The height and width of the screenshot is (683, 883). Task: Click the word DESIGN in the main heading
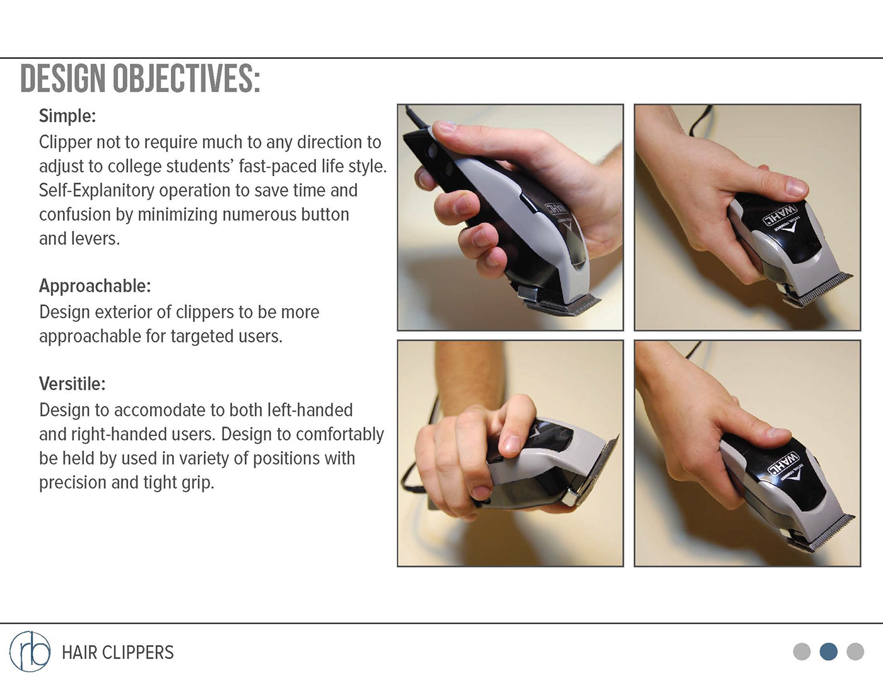[64, 78]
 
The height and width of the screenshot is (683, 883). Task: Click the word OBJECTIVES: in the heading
[187, 78]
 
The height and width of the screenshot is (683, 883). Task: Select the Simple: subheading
[67, 116]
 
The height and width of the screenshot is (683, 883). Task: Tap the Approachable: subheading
[95, 286]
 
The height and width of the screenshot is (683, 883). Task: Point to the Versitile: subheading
[73, 383]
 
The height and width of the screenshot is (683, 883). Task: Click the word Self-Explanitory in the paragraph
[96, 190]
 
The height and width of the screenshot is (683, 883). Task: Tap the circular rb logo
[30, 651]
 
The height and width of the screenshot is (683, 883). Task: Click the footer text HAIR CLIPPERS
[118, 653]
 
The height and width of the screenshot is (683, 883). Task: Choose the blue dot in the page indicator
[829, 651]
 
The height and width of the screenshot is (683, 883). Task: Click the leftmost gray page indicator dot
[802, 651]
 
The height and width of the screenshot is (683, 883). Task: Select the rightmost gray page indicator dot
[855, 651]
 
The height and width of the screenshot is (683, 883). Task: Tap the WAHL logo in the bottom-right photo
[783, 463]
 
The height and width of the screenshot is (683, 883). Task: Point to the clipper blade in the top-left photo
[563, 306]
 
